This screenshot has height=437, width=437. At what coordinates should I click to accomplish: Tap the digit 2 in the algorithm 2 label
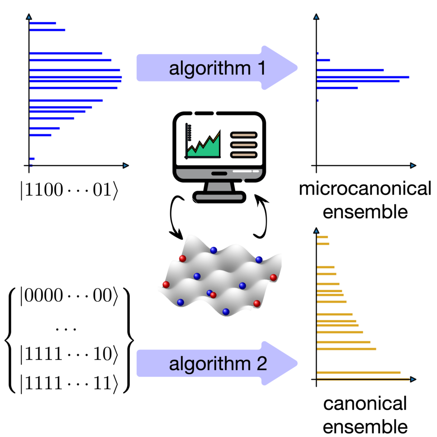261,364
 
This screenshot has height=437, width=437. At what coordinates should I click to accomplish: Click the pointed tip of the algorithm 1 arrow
297,68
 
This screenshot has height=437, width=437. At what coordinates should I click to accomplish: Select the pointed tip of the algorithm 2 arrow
297,363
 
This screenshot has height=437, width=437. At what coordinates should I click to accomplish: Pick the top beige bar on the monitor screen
243,135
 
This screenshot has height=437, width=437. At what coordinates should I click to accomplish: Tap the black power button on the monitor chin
219,173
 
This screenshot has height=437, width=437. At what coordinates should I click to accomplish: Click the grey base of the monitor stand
219,197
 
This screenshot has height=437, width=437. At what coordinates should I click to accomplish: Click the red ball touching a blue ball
214,295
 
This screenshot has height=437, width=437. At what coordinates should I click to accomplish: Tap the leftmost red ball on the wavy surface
166,285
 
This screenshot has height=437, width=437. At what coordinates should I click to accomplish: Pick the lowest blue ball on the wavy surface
225,312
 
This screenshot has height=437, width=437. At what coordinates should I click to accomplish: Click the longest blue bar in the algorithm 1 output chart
364,77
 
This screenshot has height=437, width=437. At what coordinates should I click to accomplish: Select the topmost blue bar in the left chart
43,23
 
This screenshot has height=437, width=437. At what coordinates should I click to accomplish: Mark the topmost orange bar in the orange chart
323,237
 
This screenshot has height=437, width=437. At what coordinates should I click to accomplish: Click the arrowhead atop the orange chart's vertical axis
316,231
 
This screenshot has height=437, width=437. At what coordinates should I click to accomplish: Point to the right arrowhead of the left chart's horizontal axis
125,166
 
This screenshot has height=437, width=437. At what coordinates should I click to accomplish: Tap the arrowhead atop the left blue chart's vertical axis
29,17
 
